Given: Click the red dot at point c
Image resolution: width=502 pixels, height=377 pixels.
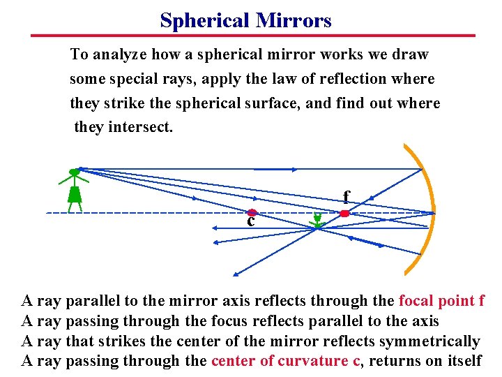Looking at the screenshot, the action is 252,212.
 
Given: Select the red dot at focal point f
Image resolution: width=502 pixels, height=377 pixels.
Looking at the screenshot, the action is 344,213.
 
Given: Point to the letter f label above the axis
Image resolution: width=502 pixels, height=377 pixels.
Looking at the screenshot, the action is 346,197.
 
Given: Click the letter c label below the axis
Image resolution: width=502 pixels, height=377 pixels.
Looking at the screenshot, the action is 250,222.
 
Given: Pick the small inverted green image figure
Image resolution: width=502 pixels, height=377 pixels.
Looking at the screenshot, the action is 318,221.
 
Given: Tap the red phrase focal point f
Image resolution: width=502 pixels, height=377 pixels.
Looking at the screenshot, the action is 441,301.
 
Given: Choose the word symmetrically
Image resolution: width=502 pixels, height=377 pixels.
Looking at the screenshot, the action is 429,341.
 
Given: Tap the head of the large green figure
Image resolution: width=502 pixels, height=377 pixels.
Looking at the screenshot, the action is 74,172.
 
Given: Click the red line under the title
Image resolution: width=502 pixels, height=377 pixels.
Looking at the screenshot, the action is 252,35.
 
